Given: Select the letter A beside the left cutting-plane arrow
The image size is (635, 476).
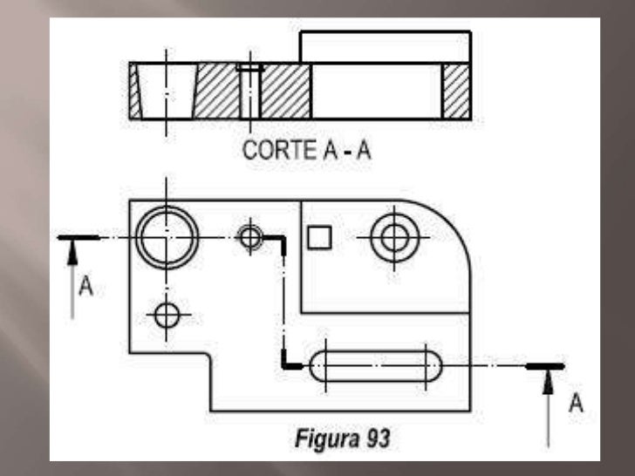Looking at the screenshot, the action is (85, 286).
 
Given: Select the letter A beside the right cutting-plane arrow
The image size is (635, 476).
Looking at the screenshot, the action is (575, 403).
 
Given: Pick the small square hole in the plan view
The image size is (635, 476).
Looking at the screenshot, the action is (320, 235).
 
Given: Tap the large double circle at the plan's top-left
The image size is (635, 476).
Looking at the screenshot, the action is (167, 236).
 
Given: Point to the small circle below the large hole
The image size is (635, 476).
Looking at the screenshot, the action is (167, 314).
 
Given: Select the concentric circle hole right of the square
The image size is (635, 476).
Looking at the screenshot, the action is (393, 235).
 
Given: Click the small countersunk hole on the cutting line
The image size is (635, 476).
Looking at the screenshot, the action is (250, 235).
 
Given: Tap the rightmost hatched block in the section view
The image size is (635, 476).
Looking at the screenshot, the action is (456, 91).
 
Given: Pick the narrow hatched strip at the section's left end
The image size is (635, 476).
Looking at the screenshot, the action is (134, 91).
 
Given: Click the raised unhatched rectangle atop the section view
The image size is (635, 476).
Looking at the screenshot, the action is (385, 46).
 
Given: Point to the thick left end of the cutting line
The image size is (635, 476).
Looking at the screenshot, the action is (77, 236).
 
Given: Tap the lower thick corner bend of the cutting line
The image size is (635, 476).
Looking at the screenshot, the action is (288, 364).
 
